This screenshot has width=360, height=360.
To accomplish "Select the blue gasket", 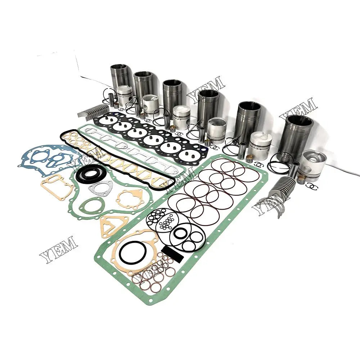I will tap(47, 158).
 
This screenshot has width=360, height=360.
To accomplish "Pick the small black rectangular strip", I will tap(170, 250).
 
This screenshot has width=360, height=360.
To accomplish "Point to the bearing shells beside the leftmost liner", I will tap(95, 110).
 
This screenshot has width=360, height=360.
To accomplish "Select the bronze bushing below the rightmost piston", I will tap(301, 179).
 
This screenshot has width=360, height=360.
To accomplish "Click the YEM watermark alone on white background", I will tap(58, 248).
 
